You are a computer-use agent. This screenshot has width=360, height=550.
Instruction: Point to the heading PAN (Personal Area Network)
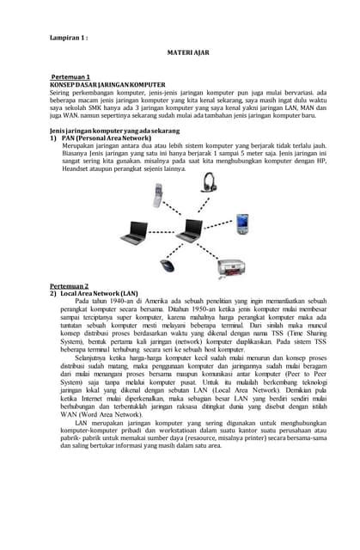tap(100, 137)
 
